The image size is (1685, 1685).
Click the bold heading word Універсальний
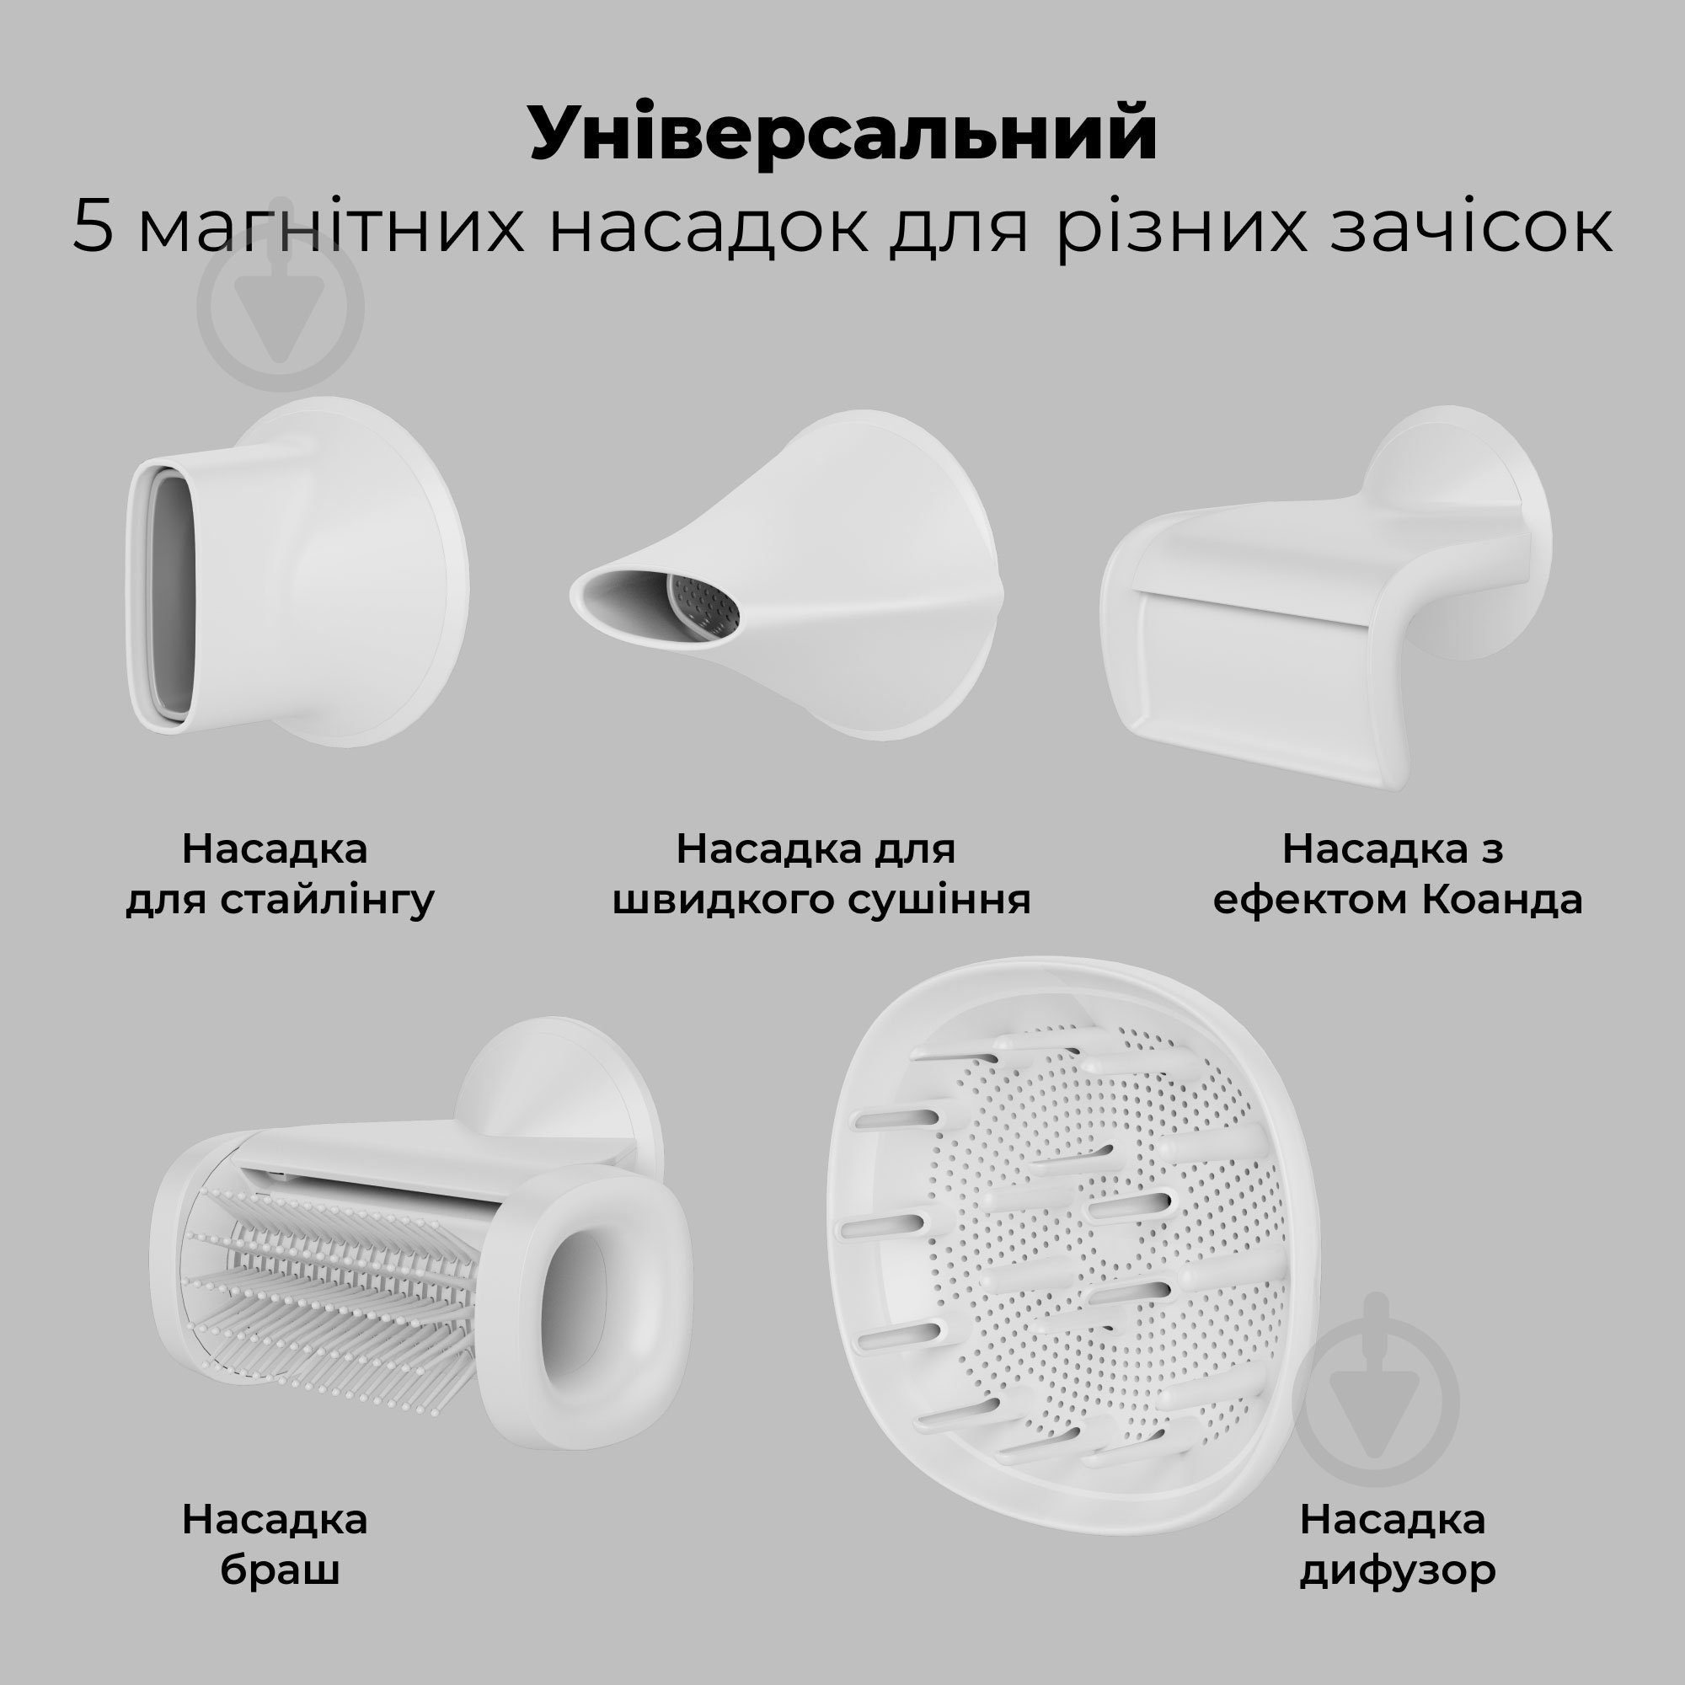point(842,133)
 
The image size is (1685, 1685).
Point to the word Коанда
point(1502,899)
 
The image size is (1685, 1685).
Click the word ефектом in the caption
point(1309,899)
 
